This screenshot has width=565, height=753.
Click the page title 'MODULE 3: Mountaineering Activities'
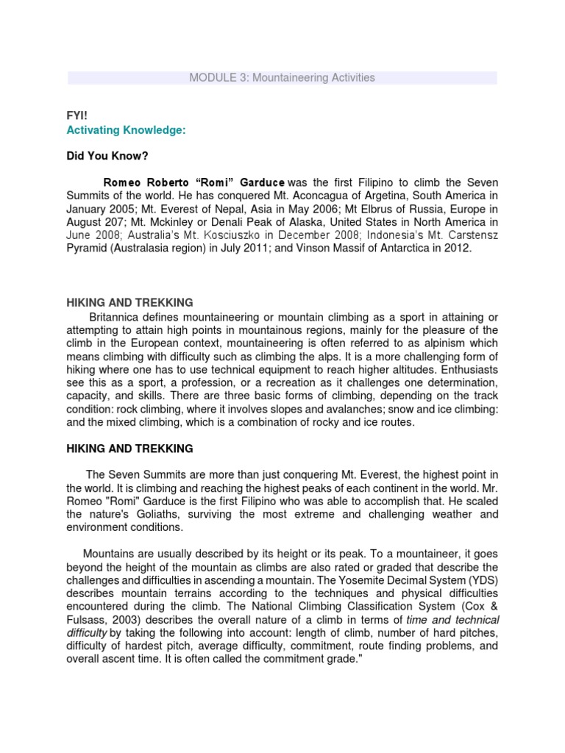click(x=282, y=77)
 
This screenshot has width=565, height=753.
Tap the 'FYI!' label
click(x=77, y=115)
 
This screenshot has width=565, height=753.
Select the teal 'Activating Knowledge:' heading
click(x=126, y=129)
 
